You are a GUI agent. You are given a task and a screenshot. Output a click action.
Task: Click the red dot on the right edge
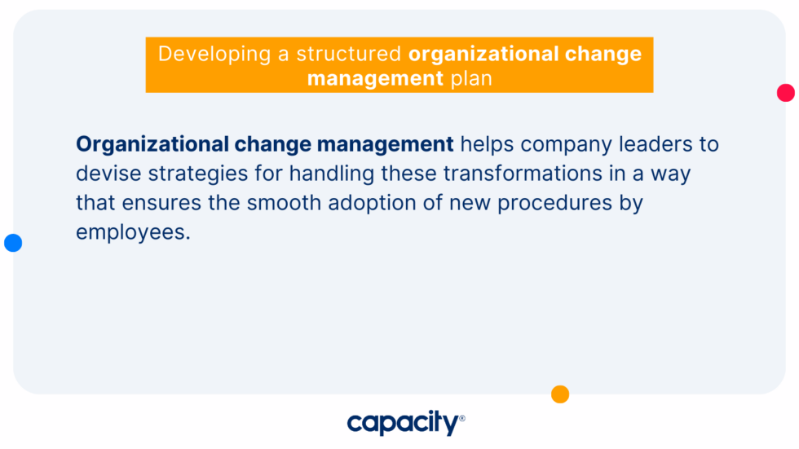[x=785, y=93]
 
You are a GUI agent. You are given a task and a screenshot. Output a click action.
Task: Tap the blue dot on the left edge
[x=13, y=243]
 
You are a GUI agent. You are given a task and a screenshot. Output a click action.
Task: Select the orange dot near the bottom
[x=560, y=394]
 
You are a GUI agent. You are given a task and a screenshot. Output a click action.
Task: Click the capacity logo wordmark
[x=402, y=423]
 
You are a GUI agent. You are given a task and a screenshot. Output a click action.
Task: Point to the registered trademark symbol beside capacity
[x=462, y=418]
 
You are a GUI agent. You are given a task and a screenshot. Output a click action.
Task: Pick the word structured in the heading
[x=349, y=55]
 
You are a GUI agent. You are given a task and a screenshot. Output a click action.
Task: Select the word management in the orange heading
[x=374, y=79]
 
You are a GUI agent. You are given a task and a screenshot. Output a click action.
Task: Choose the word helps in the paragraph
[x=488, y=145]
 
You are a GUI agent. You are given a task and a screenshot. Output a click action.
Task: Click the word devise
[x=104, y=174]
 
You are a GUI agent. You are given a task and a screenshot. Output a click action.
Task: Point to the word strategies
[x=187, y=174]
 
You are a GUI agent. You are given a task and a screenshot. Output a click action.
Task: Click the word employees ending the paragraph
[x=131, y=231]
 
